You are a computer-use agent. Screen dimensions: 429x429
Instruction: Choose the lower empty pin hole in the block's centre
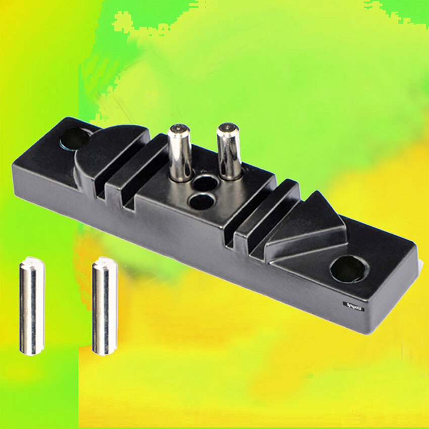(x=201, y=201)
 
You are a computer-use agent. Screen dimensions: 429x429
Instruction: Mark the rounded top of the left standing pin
(x=178, y=129)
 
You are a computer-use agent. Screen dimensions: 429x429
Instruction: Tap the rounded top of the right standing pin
(x=228, y=127)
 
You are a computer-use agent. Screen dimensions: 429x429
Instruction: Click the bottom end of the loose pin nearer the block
(x=104, y=351)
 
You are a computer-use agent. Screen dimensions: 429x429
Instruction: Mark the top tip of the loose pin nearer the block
(x=104, y=261)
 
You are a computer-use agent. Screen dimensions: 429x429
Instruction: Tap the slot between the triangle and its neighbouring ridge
(x=257, y=232)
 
